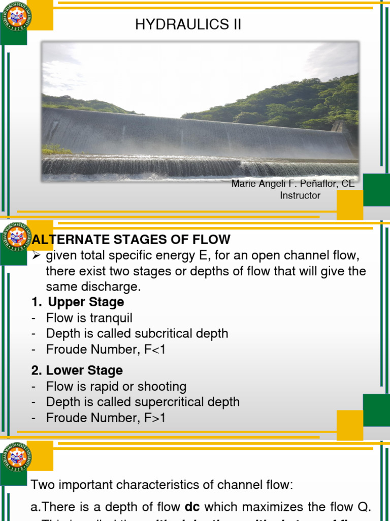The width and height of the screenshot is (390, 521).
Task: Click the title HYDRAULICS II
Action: click(188, 25)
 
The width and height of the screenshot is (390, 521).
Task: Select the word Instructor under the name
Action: click(300, 195)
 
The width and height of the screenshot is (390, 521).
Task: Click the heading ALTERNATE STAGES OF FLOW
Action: click(131, 239)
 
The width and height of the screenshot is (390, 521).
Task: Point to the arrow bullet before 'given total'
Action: click(36, 255)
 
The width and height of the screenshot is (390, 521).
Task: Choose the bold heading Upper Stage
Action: click(86, 302)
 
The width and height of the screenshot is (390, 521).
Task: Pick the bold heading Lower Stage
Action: click(84, 370)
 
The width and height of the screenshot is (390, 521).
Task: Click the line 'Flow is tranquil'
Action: click(89, 318)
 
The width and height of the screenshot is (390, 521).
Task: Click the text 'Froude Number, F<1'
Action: click(106, 350)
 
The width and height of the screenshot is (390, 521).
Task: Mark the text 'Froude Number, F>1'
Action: click(106, 418)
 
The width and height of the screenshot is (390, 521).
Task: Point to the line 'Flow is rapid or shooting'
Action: click(116, 386)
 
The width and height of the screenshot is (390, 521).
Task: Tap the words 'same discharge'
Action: click(92, 286)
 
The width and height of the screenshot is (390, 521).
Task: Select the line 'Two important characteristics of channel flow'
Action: click(162, 485)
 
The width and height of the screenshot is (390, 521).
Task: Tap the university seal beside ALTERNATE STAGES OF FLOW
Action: click(17, 238)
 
